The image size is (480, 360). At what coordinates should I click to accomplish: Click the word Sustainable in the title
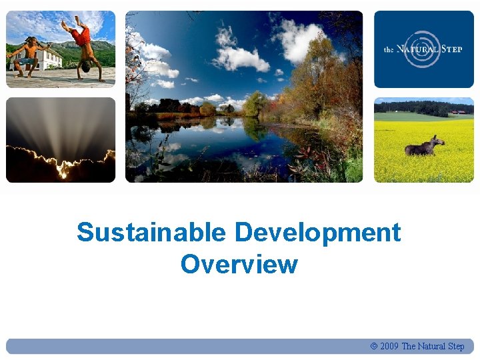[151, 233]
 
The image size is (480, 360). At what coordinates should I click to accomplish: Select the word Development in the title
[318, 233]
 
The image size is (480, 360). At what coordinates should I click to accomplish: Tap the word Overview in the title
[239, 264]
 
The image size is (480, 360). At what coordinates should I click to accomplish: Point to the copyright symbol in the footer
[373, 346]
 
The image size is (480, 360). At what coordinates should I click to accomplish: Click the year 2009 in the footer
[389, 346]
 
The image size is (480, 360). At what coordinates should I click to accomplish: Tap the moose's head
[438, 140]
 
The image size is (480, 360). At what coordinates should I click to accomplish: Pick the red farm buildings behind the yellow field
[457, 112]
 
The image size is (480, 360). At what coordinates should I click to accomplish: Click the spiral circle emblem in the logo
[423, 49]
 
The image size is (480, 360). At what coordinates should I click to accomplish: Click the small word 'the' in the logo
[389, 49]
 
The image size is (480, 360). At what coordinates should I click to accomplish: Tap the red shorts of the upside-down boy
[83, 36]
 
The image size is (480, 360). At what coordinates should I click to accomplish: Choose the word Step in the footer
[456, 346]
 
